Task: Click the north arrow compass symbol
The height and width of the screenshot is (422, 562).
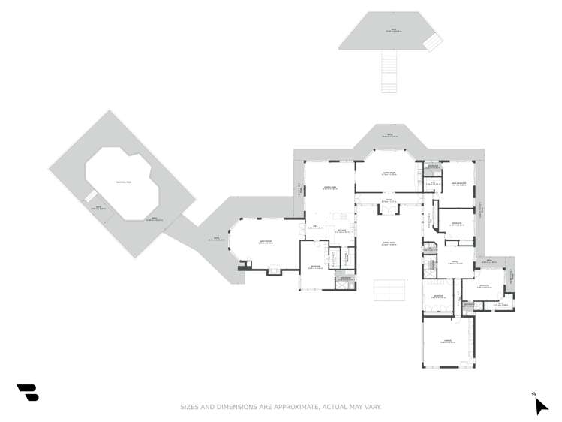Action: tap(540, 405)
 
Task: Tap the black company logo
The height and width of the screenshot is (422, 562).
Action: tap(28, 392)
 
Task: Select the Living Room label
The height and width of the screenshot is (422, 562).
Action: tap(389, 173)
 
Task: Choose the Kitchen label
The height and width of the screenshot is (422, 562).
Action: tap(341, 231)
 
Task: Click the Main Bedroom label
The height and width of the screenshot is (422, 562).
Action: tap(458, 183)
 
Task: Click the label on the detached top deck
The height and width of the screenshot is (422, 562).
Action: tap(392, 30)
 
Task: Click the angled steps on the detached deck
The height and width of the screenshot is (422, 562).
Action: tap(433, 41)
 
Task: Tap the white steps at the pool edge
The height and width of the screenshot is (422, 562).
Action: tap(90, 197)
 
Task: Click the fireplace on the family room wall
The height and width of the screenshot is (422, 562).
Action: tap(243, 264)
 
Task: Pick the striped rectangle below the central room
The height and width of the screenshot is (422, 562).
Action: tap(389, 289)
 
